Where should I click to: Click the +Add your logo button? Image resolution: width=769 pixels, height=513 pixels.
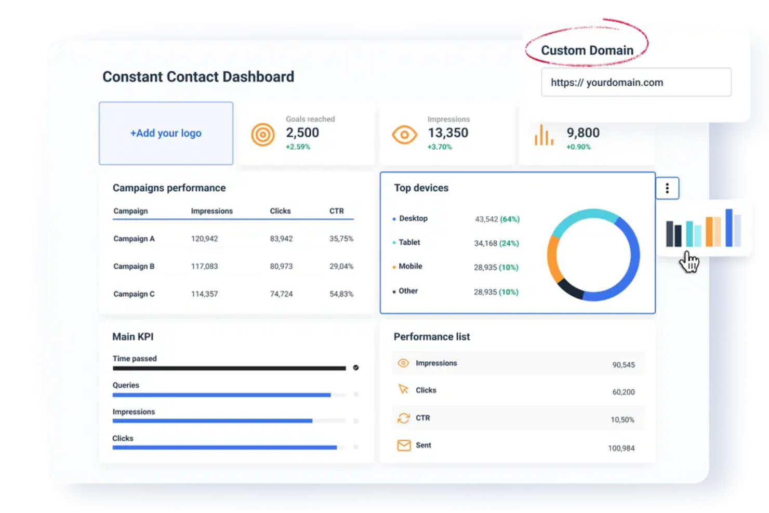point(166,133)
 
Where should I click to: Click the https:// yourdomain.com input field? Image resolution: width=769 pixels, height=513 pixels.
point(636,82)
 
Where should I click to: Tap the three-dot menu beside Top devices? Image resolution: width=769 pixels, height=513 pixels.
point(667,188)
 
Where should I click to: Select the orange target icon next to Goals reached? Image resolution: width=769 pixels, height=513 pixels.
point(263,135)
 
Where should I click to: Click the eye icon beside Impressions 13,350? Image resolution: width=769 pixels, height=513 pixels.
point(404,135)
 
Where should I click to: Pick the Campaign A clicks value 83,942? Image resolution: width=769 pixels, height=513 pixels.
point(281,239)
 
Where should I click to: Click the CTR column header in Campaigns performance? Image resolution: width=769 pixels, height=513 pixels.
point(337,211)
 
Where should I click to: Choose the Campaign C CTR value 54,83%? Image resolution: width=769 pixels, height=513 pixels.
point(341,294)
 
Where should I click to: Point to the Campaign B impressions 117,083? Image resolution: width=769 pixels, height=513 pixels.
point(204,266)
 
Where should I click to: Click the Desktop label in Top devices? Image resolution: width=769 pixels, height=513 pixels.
point(413,218)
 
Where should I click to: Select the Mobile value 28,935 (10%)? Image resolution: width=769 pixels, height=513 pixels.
point(496,267)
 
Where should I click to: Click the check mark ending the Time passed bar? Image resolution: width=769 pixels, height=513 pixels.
point(356,367)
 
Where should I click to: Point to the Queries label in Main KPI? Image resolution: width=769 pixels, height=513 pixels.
point(126,385)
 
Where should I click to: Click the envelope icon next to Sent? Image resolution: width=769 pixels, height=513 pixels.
point(404,445)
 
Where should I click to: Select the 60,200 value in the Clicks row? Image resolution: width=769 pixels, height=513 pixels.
point(623,392)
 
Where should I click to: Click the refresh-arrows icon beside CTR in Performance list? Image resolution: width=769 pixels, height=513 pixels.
point(404,418)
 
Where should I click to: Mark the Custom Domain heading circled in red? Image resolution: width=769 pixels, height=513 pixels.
point(587,50)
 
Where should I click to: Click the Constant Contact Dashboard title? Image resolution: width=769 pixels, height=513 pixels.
point(198,77)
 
